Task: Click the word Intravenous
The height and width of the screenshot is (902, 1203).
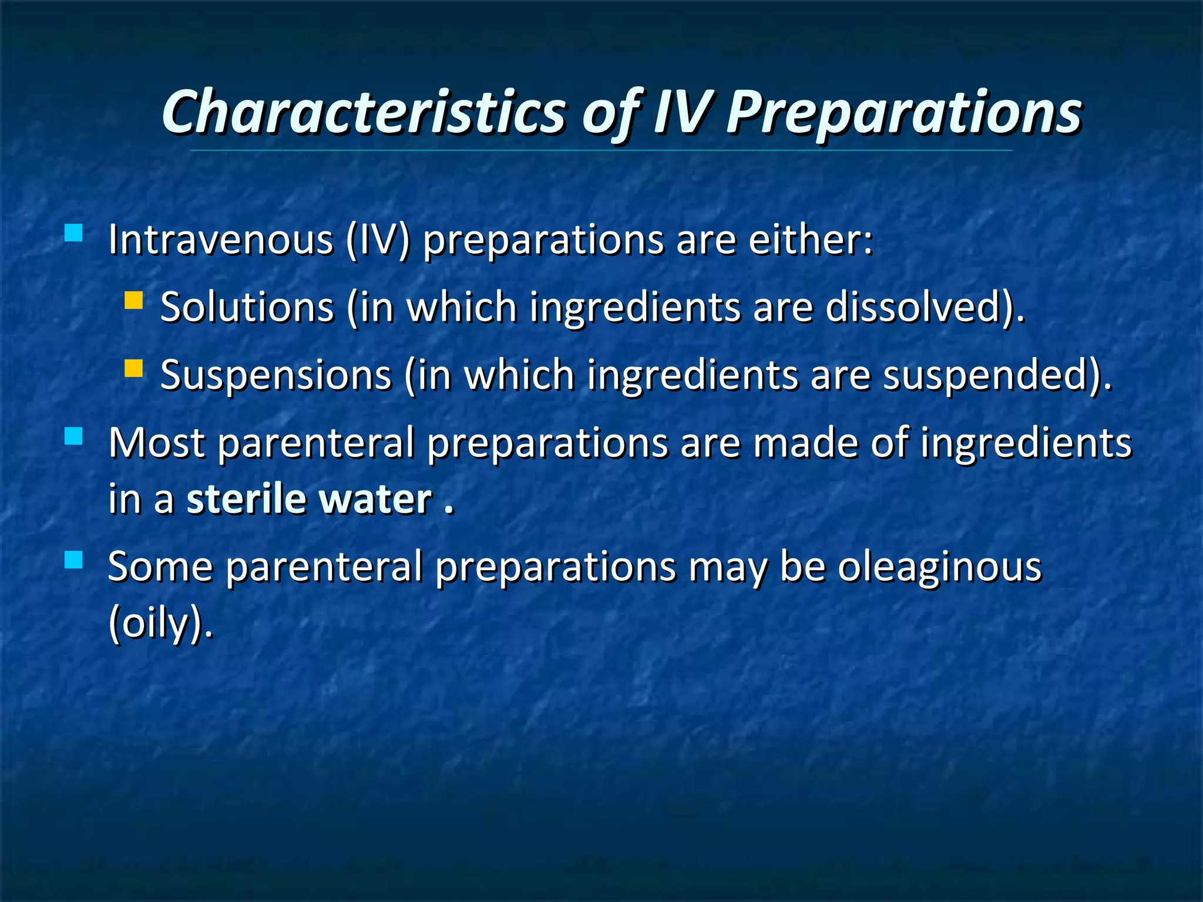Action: click(x=221, y=241)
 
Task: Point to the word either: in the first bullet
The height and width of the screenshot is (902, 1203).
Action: click(x=811, y=241)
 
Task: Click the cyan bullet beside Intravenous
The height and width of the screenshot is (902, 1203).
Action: click(x=73, y=233)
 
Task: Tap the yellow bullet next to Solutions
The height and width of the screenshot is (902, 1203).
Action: click(x=134, y=301)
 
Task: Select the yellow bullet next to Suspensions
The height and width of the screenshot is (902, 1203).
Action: click(x=134, y=368)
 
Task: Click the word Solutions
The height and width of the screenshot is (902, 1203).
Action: click(x=247, y=308)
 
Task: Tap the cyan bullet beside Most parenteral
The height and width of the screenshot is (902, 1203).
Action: click(x=73, y=436)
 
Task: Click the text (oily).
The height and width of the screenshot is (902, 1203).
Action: click(x=160, y=624)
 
